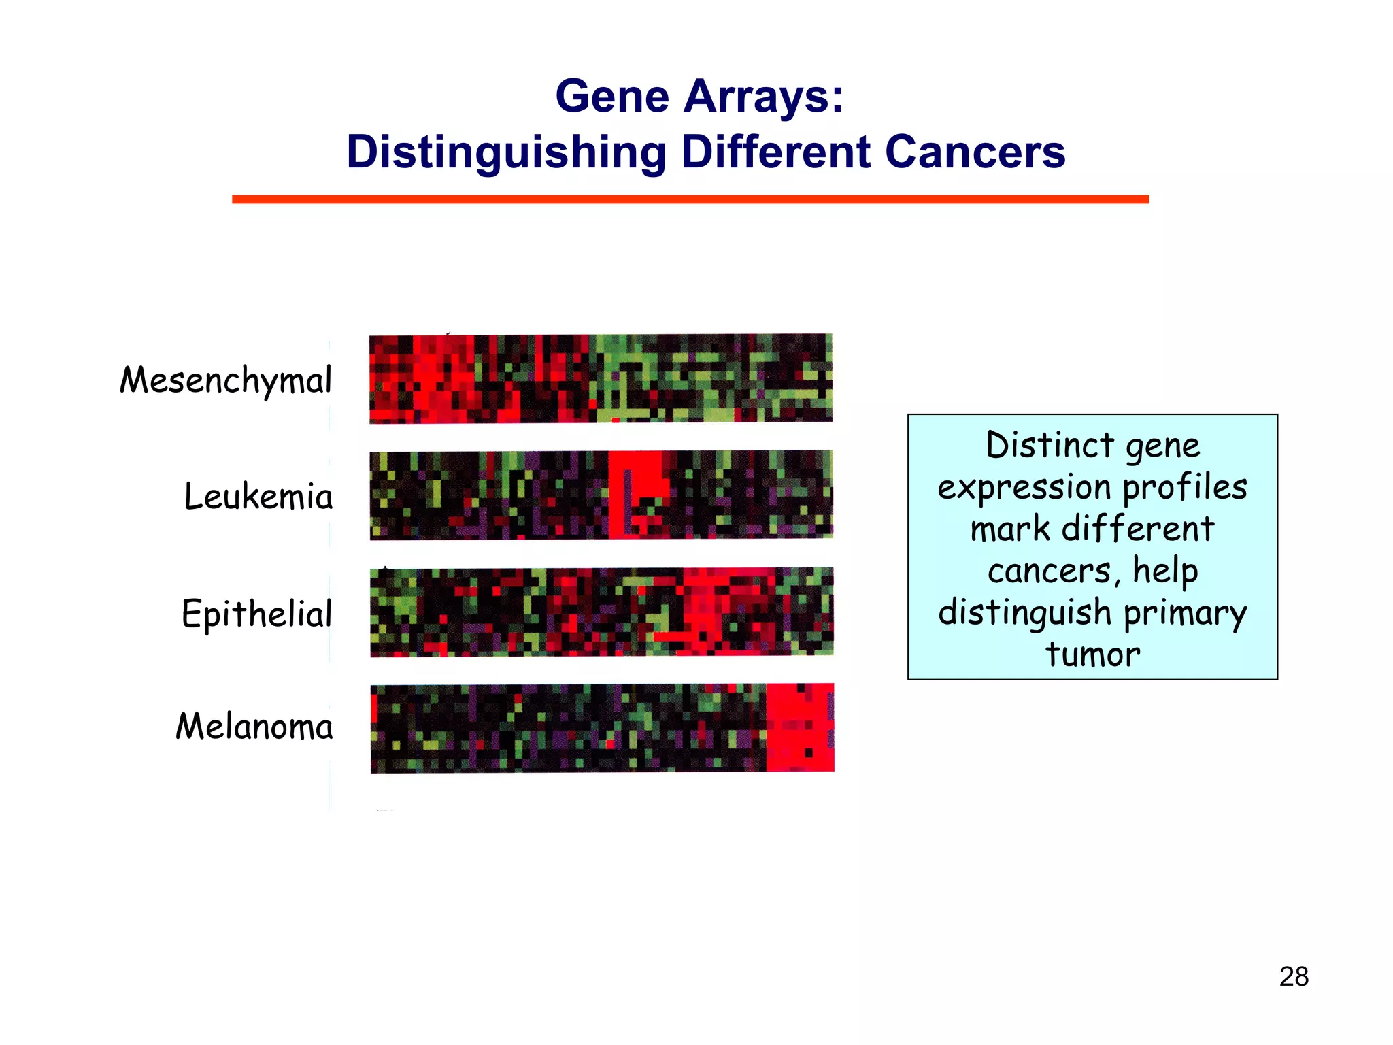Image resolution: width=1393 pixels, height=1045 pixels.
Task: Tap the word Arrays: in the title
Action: pyautogui.click(x=763, y=96)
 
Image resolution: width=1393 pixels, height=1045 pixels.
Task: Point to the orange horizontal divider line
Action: pyautogui.click(x=690, y=199)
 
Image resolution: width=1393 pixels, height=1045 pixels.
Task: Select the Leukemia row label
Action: pyautogui.click(x=258, y=496)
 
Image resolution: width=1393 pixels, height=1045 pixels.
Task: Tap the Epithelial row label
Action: pyautogui.click(x=256, y=614)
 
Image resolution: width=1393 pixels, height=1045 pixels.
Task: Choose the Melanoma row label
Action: pyautogui.click(x=254, y=726)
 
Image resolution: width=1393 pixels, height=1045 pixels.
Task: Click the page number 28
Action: pyautogui.click(x=1294, y=977)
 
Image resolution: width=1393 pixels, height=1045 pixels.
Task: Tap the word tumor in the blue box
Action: pyautogui.click(x=1092, y=654)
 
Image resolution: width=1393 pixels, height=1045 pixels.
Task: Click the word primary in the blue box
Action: pyautogui.click(x=1185, y=614)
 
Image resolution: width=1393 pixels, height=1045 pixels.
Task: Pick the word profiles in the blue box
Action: pyautogui.click(x=1184, y=487)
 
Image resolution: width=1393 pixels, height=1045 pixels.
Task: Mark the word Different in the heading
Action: pyautogui.click(x=775, y=152)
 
